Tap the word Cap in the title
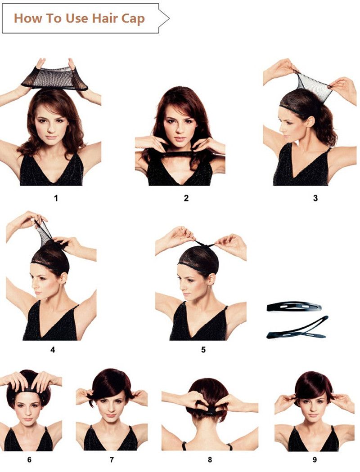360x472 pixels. [133, 19]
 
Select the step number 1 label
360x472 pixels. [56, 198]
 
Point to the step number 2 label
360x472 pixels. [186, 198]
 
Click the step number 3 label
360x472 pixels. [315, 198]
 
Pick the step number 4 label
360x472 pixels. [53, 349]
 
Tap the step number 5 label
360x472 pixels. [203, 349]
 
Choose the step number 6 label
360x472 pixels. [29, 460]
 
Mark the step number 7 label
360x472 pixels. [112, 460]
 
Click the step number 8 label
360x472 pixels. [210, 460]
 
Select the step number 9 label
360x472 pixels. [315, 460]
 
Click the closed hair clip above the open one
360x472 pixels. [294, 307]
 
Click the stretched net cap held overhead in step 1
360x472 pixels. [54, 78]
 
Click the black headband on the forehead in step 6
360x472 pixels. [28, 390]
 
